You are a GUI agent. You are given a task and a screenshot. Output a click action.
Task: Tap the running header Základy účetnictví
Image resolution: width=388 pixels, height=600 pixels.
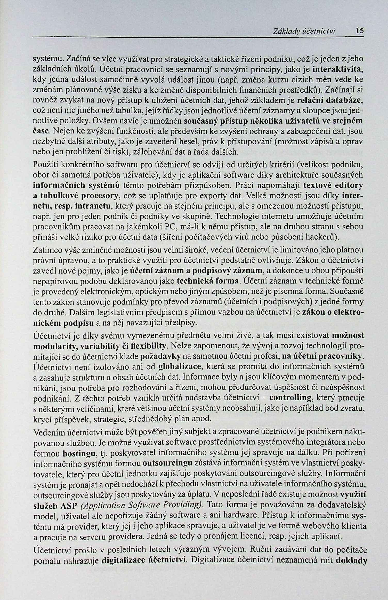(304, 31)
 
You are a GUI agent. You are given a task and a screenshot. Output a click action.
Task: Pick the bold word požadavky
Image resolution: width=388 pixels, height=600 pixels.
(160, 356)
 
